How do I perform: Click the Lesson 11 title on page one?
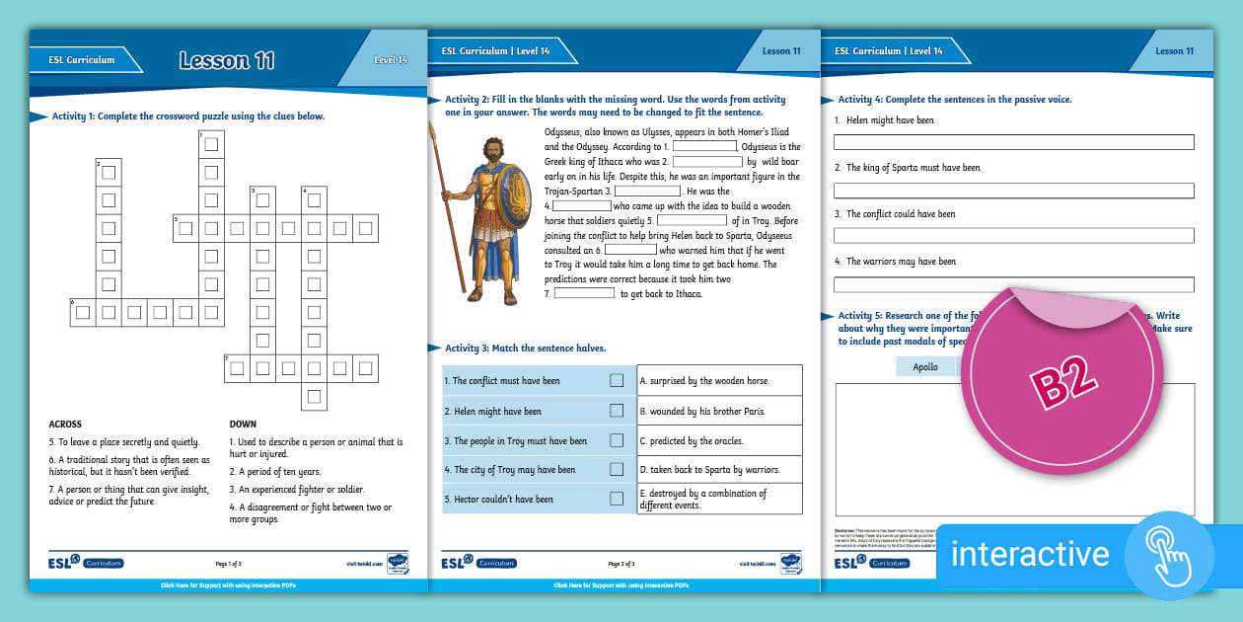click(227, 60)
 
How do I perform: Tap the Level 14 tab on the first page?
click(391, 60)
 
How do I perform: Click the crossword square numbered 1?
click(210, 144)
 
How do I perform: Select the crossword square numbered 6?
click(83, 314)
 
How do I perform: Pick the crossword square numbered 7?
click(237, 368)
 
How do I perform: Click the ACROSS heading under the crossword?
click(65, 425)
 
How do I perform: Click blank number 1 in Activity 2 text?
click(704, 146)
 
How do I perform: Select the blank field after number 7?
click(584, 293)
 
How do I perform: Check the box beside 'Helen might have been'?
click(617, 411)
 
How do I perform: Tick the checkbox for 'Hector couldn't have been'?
click(617, 499)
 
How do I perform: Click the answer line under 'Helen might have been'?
click(1013, 142)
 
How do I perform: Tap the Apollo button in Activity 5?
click(925, 366)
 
